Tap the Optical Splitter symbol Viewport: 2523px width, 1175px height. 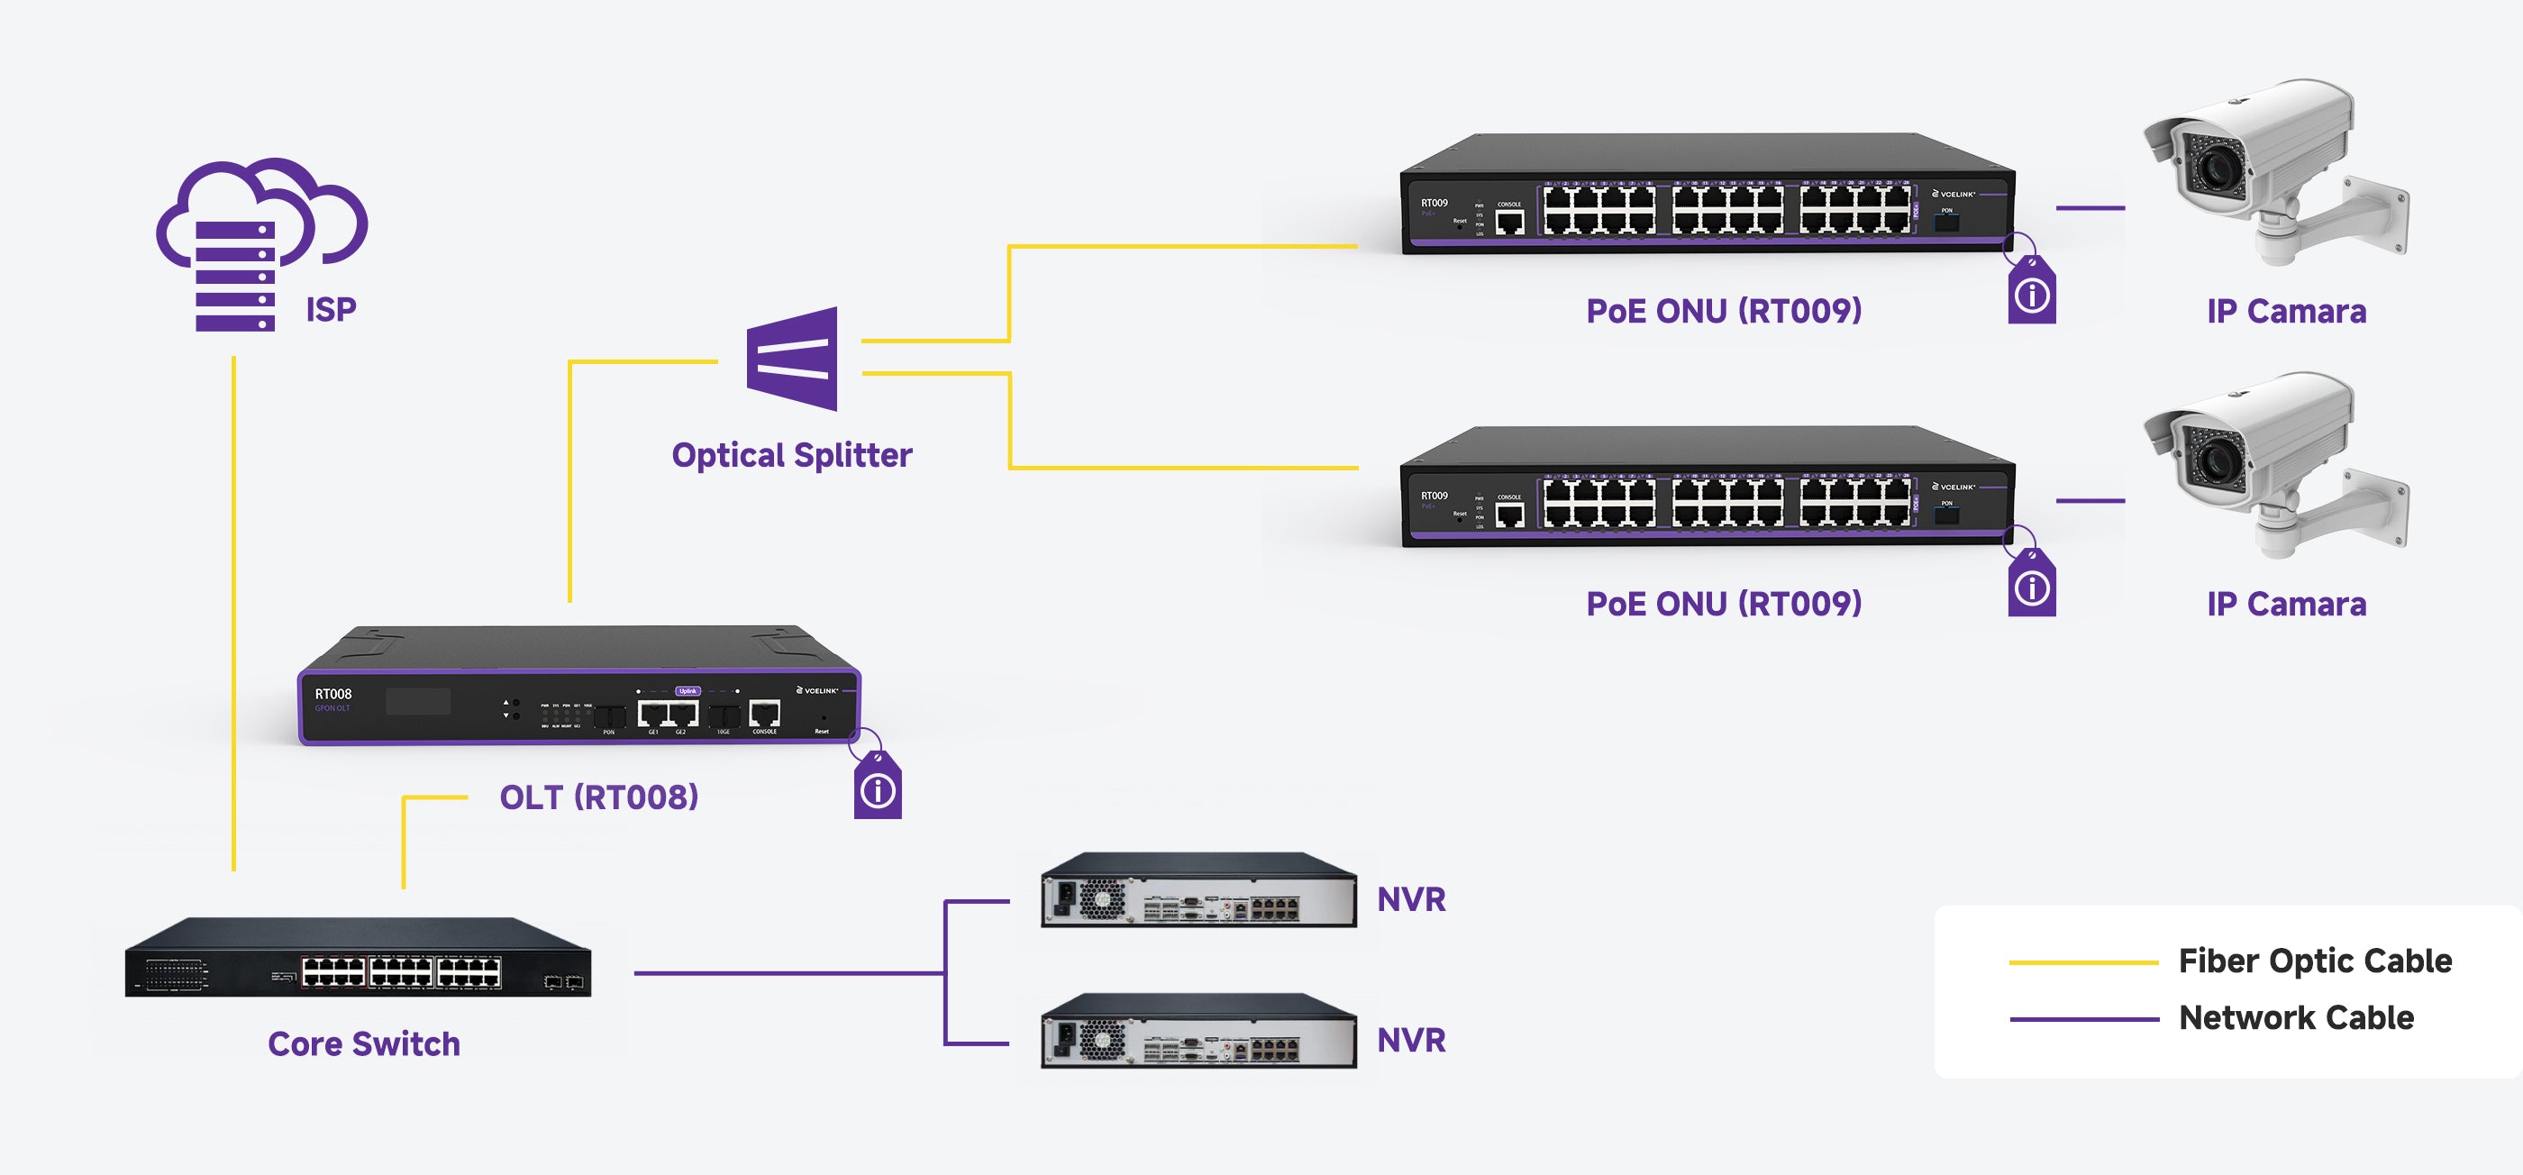792,359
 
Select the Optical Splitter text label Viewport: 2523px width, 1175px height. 791,455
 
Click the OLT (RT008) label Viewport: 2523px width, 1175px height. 598,797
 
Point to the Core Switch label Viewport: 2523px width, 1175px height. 363,1043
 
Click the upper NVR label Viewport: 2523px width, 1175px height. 1410,899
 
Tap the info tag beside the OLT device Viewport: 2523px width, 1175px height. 878,788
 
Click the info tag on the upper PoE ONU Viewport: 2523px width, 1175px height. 2031,293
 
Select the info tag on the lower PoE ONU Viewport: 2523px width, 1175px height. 2031,587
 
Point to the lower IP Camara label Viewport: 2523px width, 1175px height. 2286,604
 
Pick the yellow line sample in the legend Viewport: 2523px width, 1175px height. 2083,962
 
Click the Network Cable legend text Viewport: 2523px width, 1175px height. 2296,1018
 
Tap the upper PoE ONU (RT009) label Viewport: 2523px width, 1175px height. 1724,312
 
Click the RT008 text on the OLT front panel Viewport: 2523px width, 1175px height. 333,694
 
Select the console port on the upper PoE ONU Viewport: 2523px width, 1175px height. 1509,223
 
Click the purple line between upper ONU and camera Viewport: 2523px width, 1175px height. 2090,208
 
